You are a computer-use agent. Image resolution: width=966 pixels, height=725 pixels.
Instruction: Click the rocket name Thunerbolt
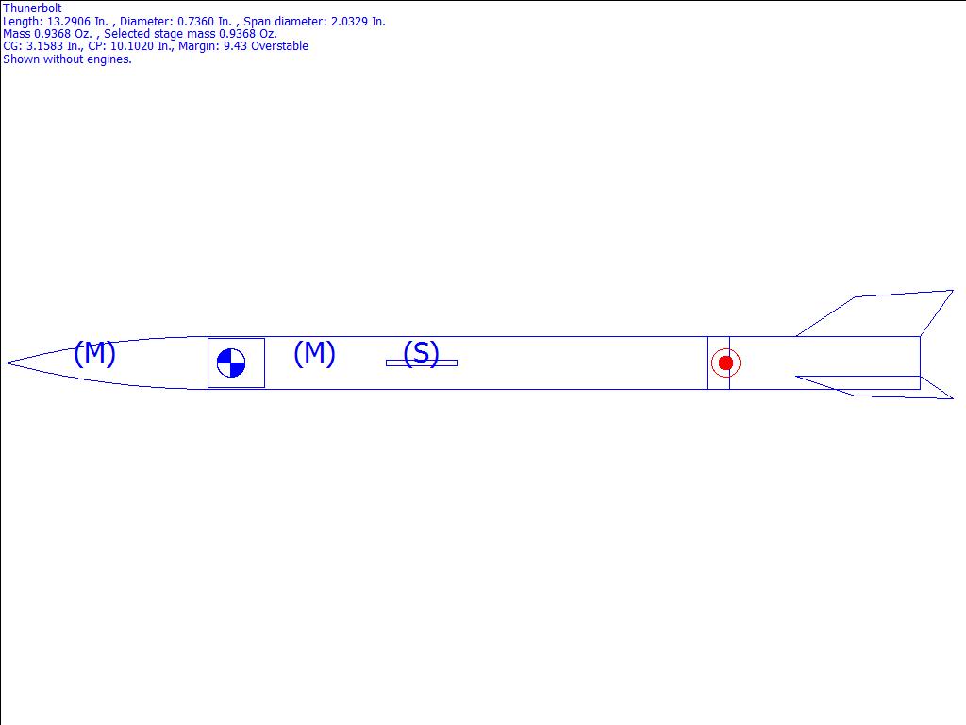(x=32, y=8)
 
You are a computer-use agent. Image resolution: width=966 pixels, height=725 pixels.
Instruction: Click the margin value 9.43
(x=235, y=46)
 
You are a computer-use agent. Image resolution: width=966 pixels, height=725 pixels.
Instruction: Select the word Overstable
(x=279, y=46)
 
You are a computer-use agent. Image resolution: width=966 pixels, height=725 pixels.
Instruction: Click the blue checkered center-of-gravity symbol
(x=231, y=362)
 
